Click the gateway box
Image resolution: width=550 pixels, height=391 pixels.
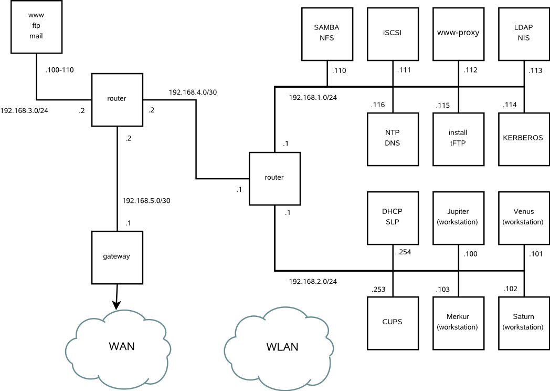[117, 256]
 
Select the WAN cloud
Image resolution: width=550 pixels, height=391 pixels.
[121, 346]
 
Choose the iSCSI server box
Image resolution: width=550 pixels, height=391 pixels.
[393, 34]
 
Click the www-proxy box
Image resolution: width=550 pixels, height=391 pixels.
[458, 34]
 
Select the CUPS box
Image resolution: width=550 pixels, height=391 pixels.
[393, 323]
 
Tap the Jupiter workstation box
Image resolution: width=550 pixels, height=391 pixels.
[458, 218]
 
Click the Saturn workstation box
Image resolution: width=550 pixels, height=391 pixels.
[523, 323]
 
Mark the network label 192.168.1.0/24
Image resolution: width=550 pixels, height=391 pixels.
[313, 98]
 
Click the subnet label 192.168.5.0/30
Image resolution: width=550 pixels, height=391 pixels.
[146, 201]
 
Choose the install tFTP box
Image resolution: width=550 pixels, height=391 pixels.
[458, 139]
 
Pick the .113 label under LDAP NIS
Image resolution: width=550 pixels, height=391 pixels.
[536, 70]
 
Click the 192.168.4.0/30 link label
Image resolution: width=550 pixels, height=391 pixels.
[193, 92]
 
